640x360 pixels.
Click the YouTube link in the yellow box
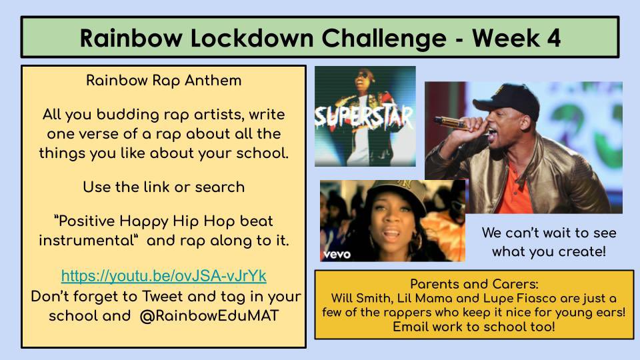click(x=164, y=275)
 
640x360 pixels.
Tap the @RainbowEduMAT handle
click(x=209, y=315)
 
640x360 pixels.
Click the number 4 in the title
click(x=553, y=38)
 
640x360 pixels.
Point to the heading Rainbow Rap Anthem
click(x=164, y=81)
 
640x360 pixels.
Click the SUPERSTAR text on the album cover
click(x=364, y=117)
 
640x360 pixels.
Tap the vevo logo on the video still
click(x=336, y=254)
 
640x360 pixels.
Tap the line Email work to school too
click(x=474, y=327)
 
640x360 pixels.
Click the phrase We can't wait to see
click(x=549, y=233)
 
